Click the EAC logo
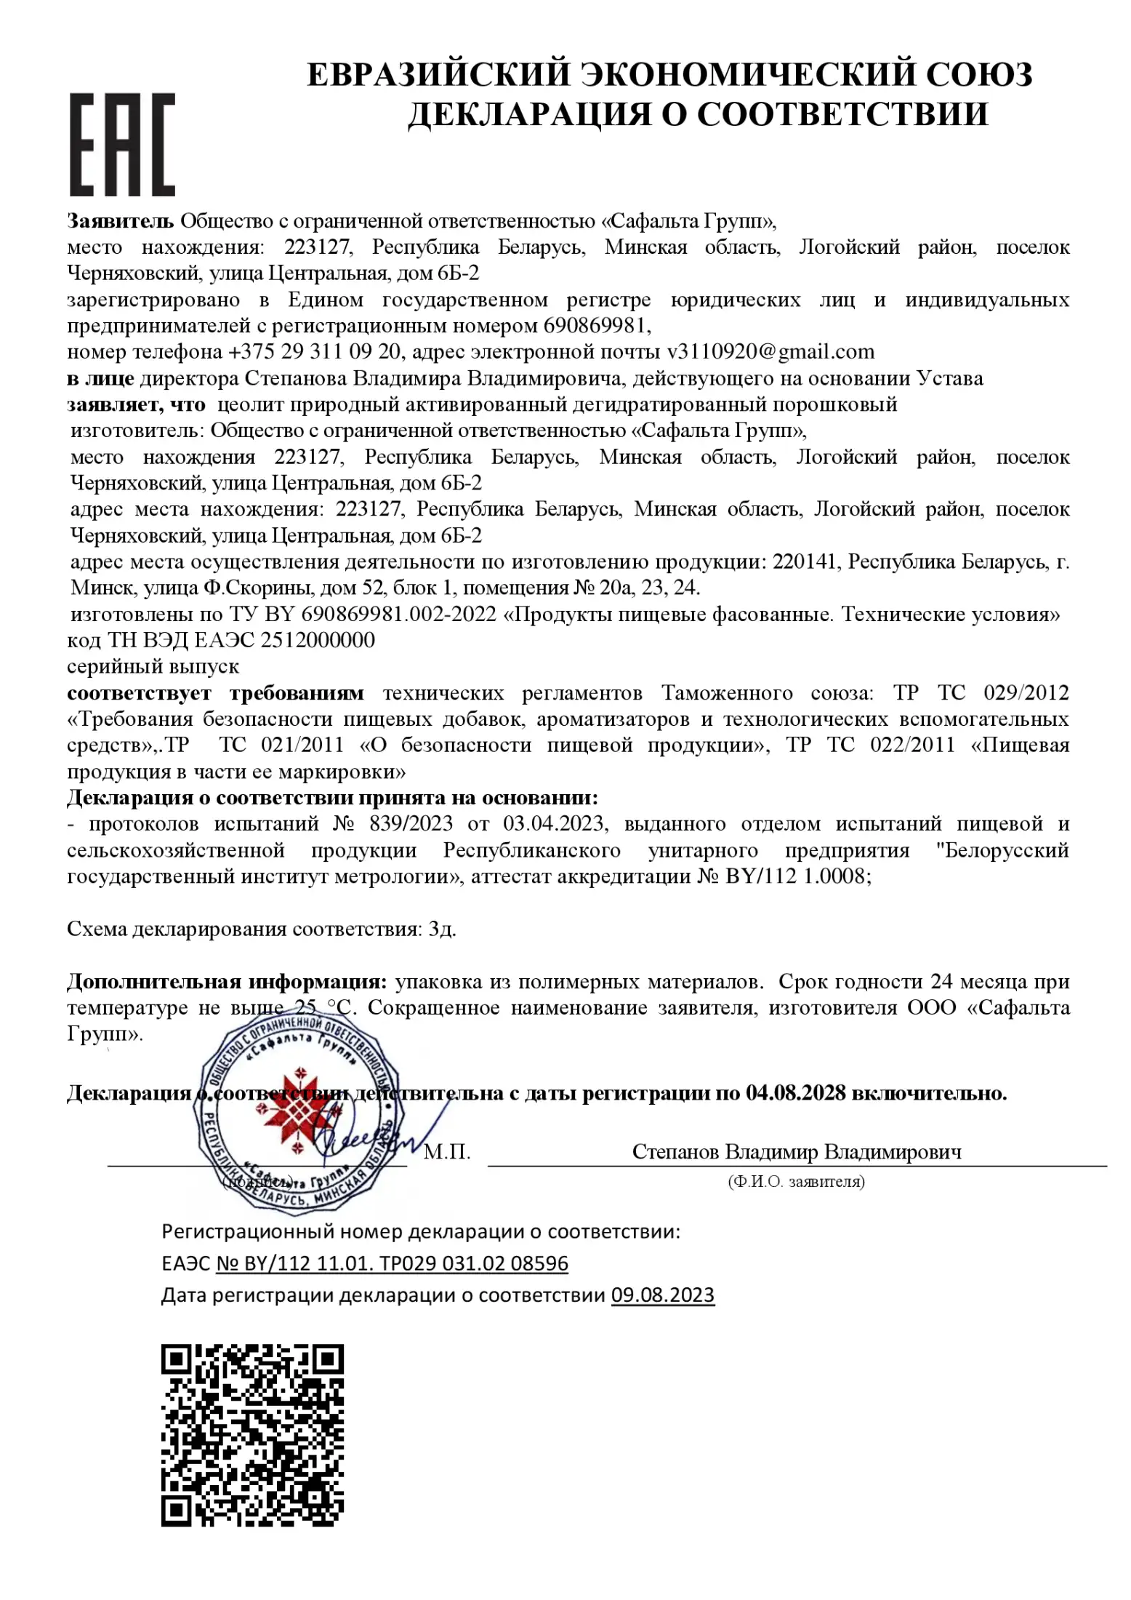click(122, 144)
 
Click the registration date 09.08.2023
click(662, 1295)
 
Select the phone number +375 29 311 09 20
click(314, 352)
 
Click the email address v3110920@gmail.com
click(770, 352)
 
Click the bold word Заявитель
click(121, 220)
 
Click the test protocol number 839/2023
click(411, 823)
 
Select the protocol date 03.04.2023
click(553, 823)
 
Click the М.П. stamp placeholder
click(447, 1152)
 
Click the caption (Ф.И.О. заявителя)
click(796, 1182)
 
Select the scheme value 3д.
click(442, 929)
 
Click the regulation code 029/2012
click(1026, 692)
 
